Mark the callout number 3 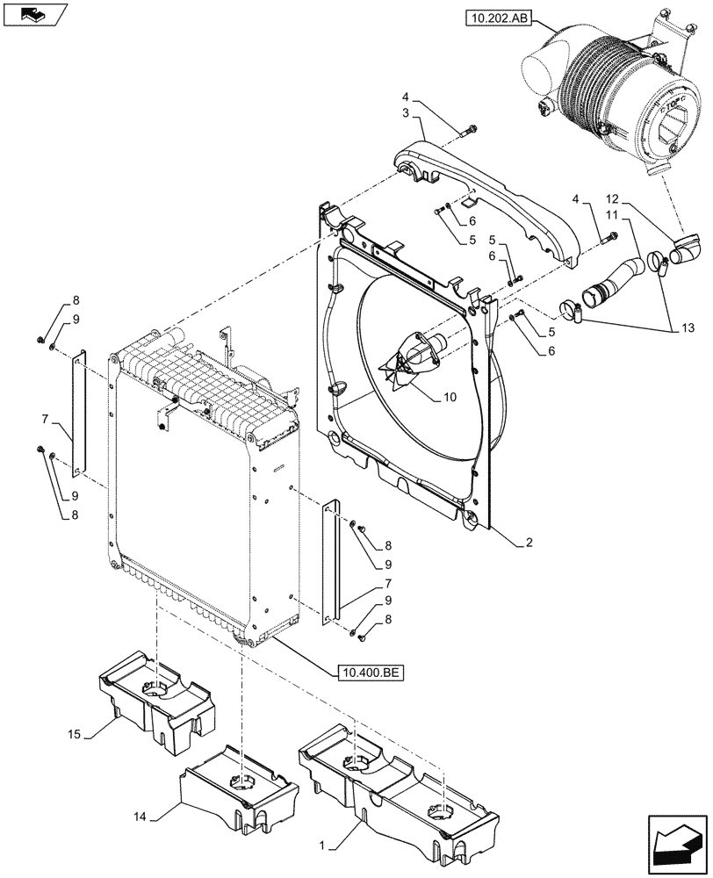[407, 114]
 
